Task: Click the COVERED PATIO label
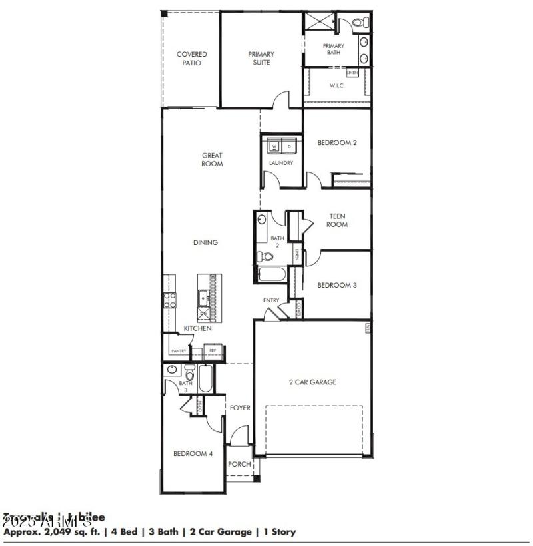[x=191, y=59]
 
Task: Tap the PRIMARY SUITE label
[x=261, y=59]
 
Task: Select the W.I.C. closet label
[x=337, y=85]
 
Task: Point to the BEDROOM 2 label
[x=342, y=142]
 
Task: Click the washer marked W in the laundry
[x=274, y=145]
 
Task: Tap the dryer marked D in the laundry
[x=289, y=145]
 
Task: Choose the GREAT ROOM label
[x=212, y=160]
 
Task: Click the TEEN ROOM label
[x=337, y=220]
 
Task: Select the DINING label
[x=205, y=242]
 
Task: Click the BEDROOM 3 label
[x=337, y=285]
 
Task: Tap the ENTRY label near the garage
[x=271, y=300]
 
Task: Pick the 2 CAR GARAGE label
[x=312, y=382]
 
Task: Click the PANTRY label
[x=179, y=350]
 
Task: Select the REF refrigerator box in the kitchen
[x=213, y=350]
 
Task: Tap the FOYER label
[x=240, y=408]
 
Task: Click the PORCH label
[x=239, y=464]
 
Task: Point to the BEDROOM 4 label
[x=193, y=454]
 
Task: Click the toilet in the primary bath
[x=360, y=23]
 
